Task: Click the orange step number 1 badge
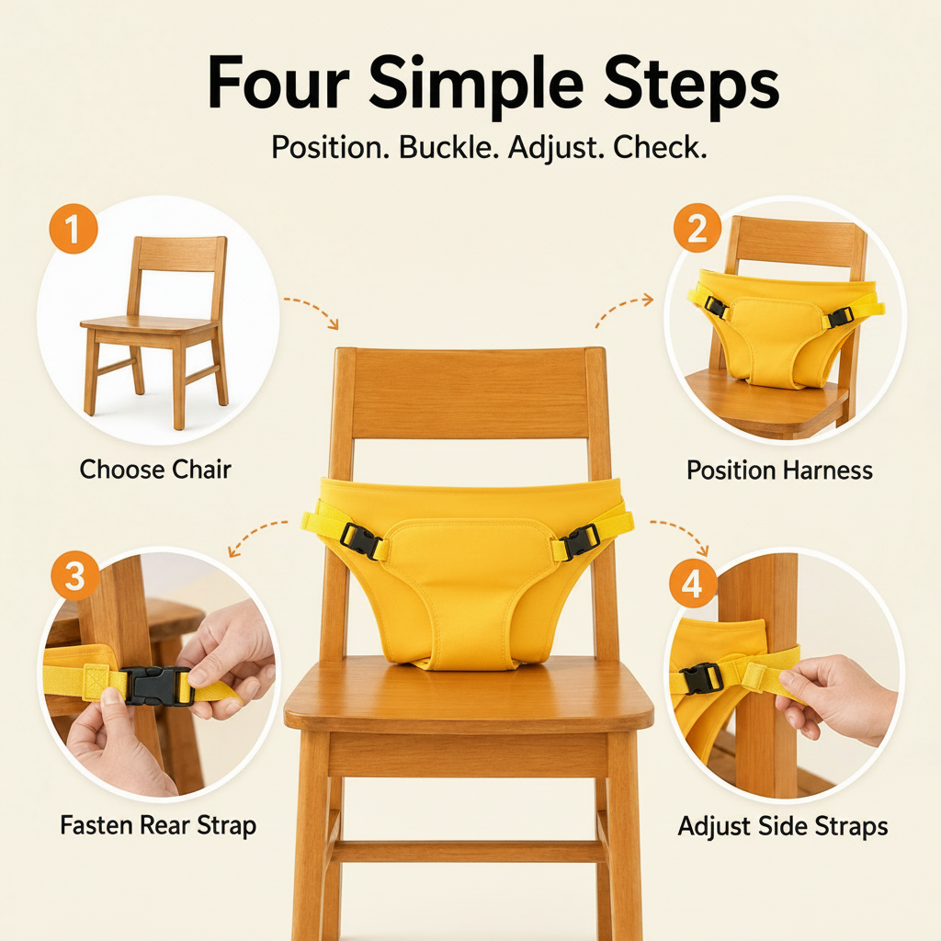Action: click(74, 229)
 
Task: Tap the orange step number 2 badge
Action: click(697, 229)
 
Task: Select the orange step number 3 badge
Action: click(75, 576)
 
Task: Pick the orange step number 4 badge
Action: click(693, 584)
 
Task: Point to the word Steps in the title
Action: click(691, 88)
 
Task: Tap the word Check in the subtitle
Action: click(660, 148)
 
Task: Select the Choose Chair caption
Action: click(155, 470)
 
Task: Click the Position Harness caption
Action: click(779, 470)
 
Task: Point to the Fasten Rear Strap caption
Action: click(158, 826)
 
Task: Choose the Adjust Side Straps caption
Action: click(783, 827)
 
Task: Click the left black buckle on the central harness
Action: click(360, 540)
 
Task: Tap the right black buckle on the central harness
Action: click(580, 540)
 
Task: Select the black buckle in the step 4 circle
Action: click(700, 679)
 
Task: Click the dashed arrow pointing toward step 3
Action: click(255, 534)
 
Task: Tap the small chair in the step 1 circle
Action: click(154, 332)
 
